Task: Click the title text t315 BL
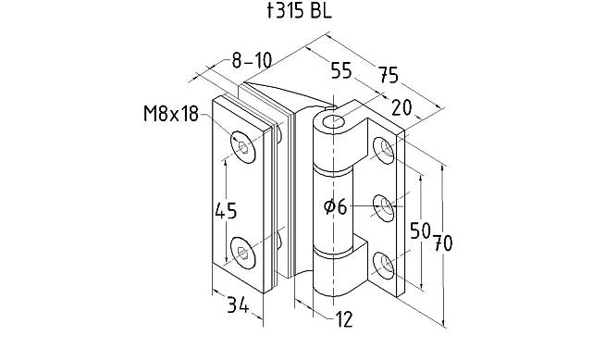point(299,10)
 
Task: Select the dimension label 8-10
point(252,60)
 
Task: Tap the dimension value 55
point(341,70)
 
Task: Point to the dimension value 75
point(389,74)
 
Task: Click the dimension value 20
point(402,107)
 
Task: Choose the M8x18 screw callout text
point(171,114)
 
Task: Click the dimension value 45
point(226,211)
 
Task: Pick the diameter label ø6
point(336,207)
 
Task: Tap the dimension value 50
point(421,230)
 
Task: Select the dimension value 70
point(443,242)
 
